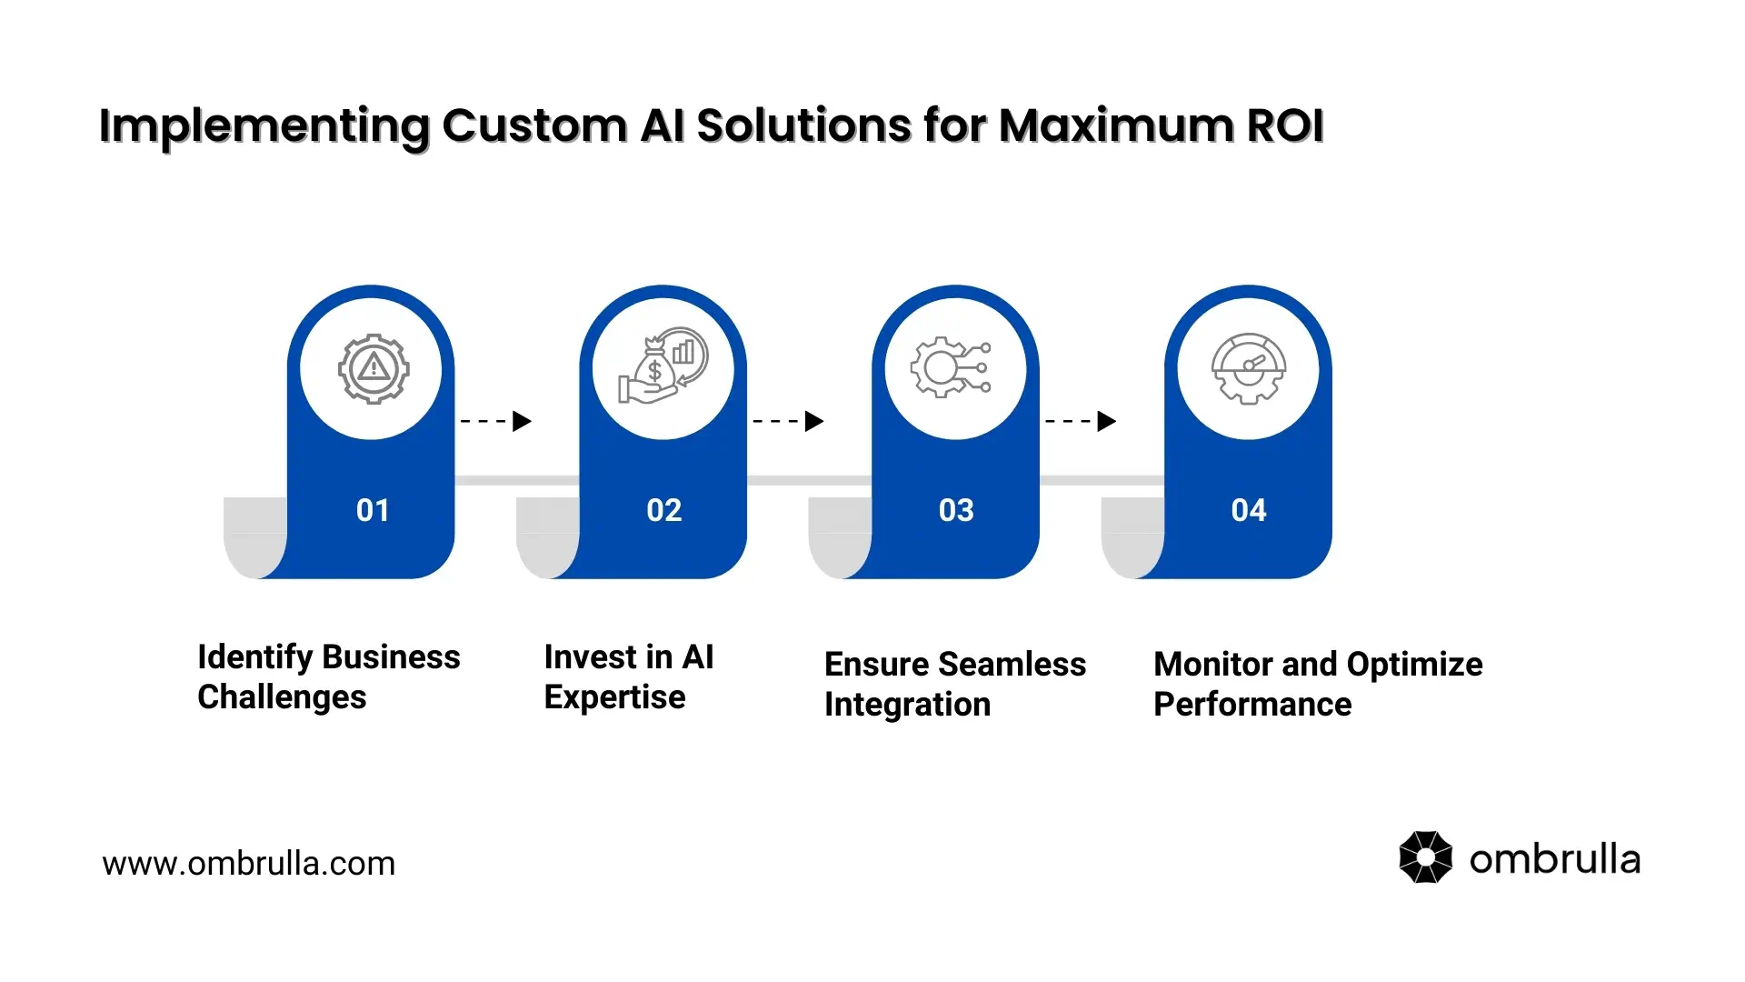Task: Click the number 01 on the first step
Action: click(x=373, y=510)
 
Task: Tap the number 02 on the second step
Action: click(x=664, y=510)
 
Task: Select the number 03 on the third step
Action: click(x=956, y=510)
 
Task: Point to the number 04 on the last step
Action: click(x=1249, y=510)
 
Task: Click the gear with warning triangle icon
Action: click(x=373, y=368)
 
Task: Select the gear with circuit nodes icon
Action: click(x=951, y=367)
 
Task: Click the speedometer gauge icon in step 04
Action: click(x=1249, y=368)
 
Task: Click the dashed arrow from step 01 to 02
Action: click(x=496, y=421)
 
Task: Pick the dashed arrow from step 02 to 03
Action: click(x=788, y=421)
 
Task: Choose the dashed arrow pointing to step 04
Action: click(x=1081, y=421)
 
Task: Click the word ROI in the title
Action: click(x=1284, y=125)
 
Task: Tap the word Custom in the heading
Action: click(x=533, y=125)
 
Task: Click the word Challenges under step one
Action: click(x=282, y=697)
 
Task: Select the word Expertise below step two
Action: click(x=614, y=697)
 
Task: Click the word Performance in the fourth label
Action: click(x=1252, y=705)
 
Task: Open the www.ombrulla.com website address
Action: click(x=248, y=864)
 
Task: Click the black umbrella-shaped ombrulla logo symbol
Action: click(x=1425, y=857)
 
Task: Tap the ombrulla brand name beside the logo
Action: click(x=1554, y=859)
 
